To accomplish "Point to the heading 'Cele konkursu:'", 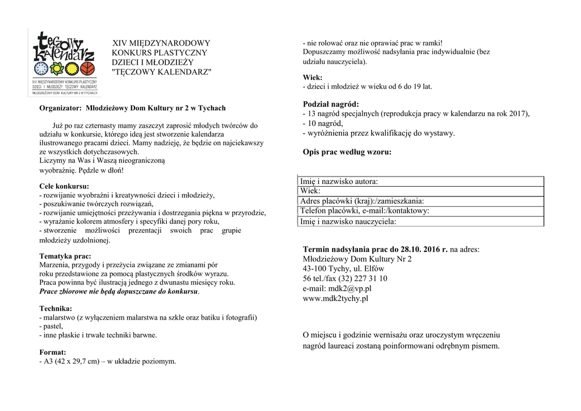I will pyautogui.click(x=64, y=186).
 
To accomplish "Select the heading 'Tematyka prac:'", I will pyautogui.click(x=65, y=256).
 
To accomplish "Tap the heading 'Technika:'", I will pyautogui.click(x=56, y=309).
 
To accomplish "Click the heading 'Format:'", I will pyautogui.click(x=53, y=352).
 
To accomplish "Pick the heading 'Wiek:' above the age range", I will pyautogui.click(x=313, y=77).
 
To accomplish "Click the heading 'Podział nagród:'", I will pyautogui.click(x=331, y=104).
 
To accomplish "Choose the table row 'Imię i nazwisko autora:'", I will pyautogui.click(x=339, y=182).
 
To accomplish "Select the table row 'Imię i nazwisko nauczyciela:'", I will pyautogui.click(x=348, y=221).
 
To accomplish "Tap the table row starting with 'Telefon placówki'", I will pyautogui.click(x=364, y=211).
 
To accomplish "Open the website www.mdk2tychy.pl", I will pyautogui.click(x=336, y=298).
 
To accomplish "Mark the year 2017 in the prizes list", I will pyautogui.click(x=518, y=114).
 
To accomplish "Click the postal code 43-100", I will pyautogui.click(x=315, y=269).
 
